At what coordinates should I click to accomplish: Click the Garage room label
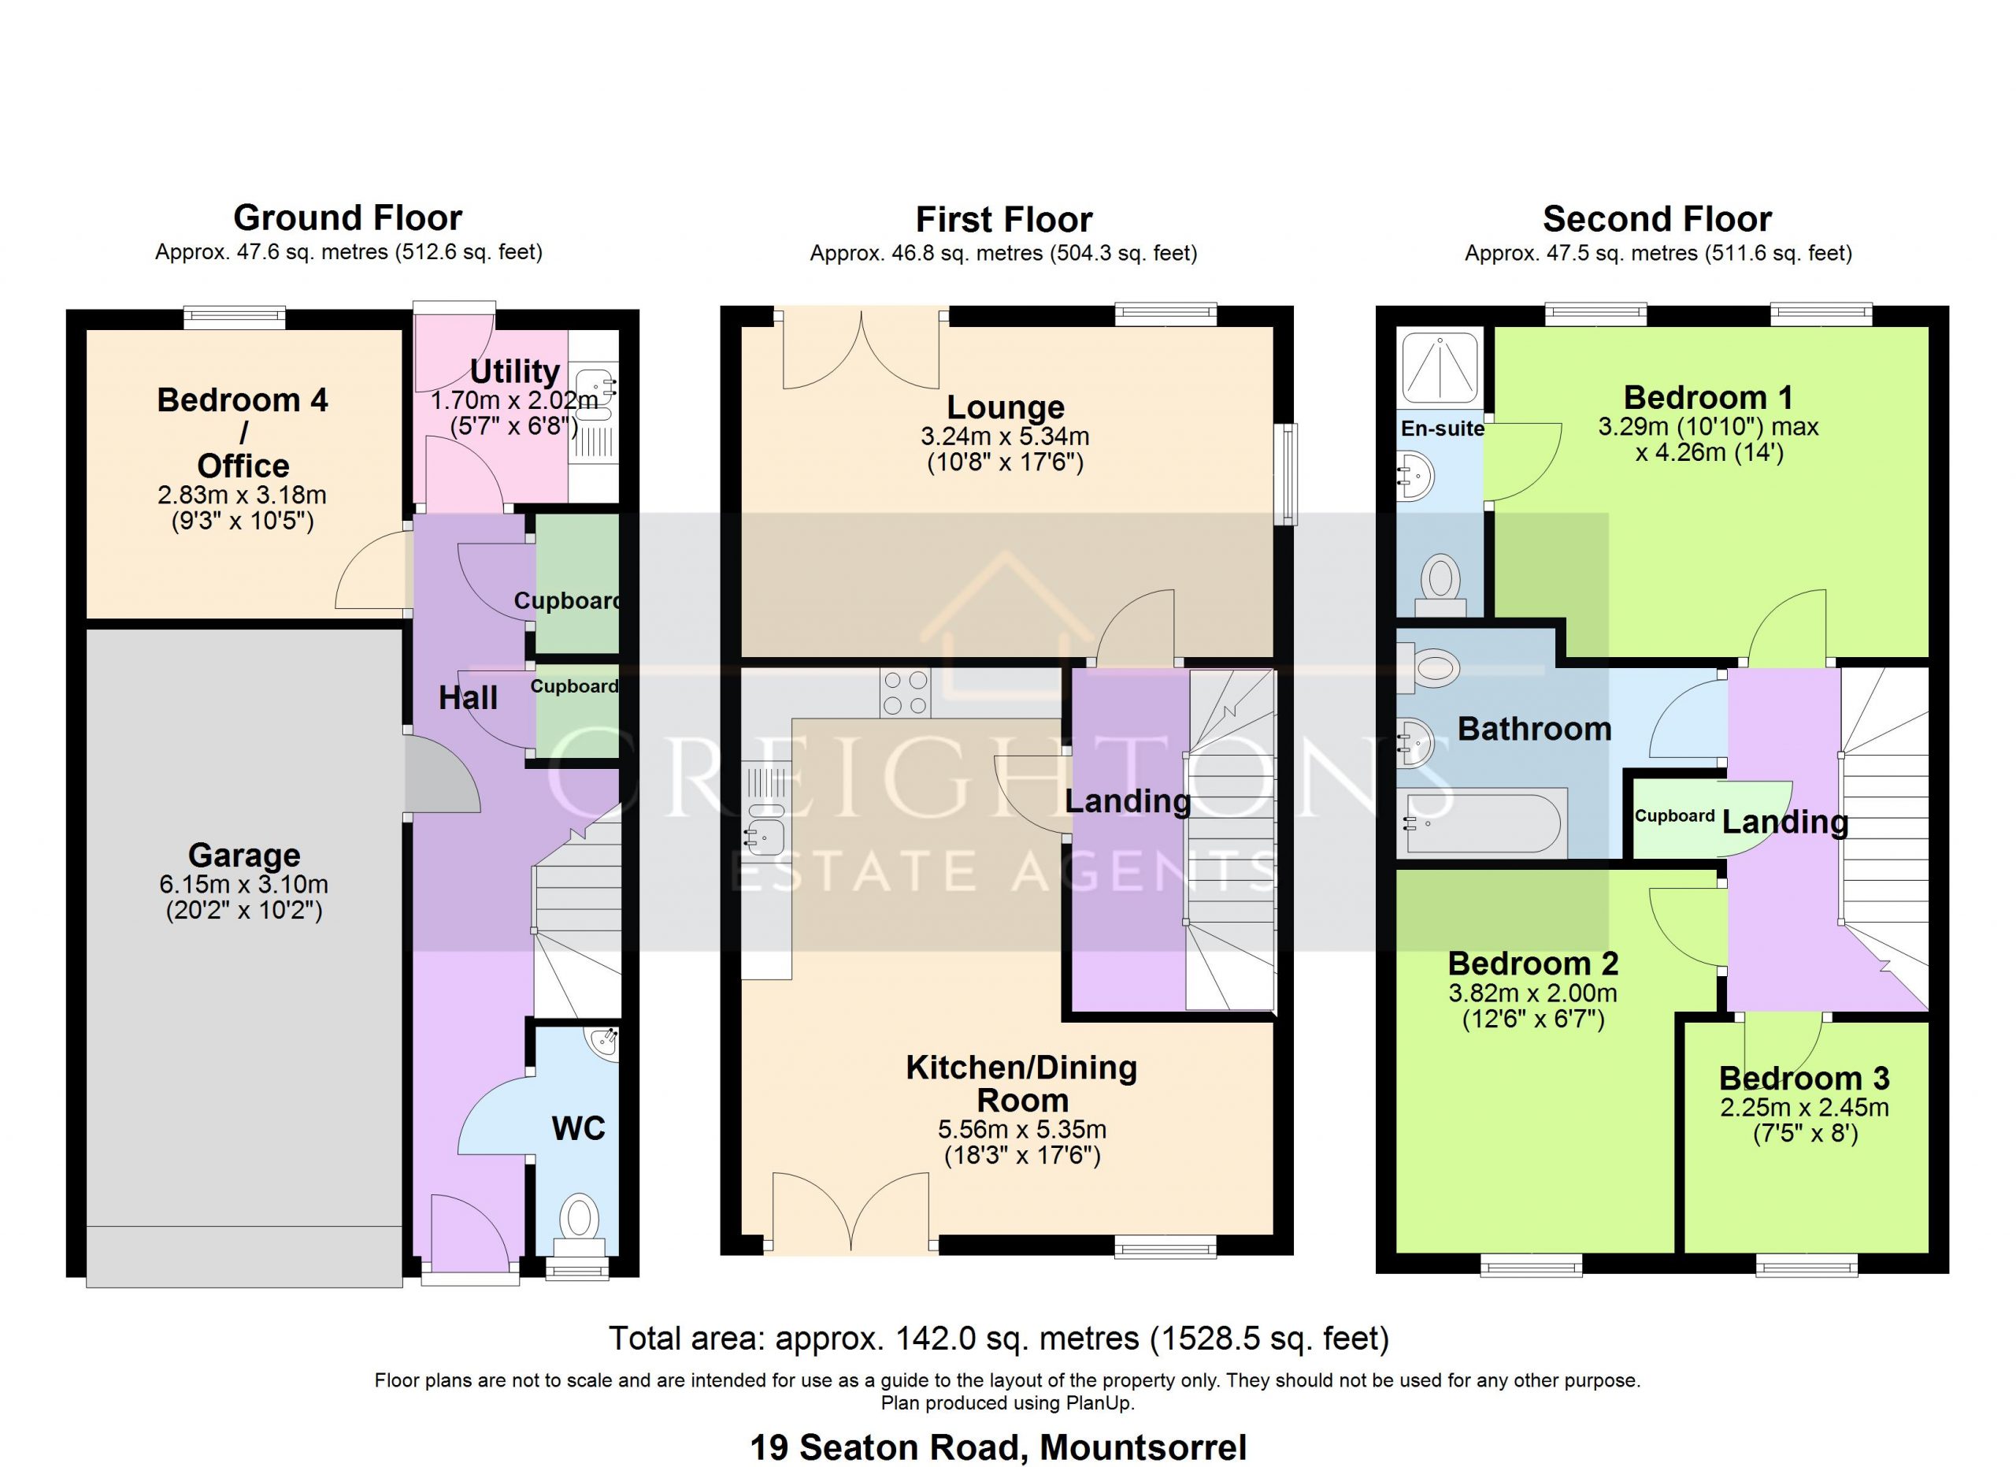[243, 856]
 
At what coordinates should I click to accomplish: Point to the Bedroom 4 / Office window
[235, 317]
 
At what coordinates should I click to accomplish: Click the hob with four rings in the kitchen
[905, 693]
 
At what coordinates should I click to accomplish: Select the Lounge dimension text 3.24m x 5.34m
[1004, 436]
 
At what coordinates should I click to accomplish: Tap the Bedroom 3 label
[1803, 1079]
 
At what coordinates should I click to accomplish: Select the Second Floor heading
[1657, 219]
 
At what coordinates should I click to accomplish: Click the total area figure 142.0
[918, 1338]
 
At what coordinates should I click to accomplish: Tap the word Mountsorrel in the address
[1143, 1447]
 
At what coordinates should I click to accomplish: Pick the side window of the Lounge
[1285, 474]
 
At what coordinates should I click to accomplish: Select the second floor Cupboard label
[1675, 816]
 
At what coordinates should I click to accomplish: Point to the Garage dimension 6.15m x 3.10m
[243, 885]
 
